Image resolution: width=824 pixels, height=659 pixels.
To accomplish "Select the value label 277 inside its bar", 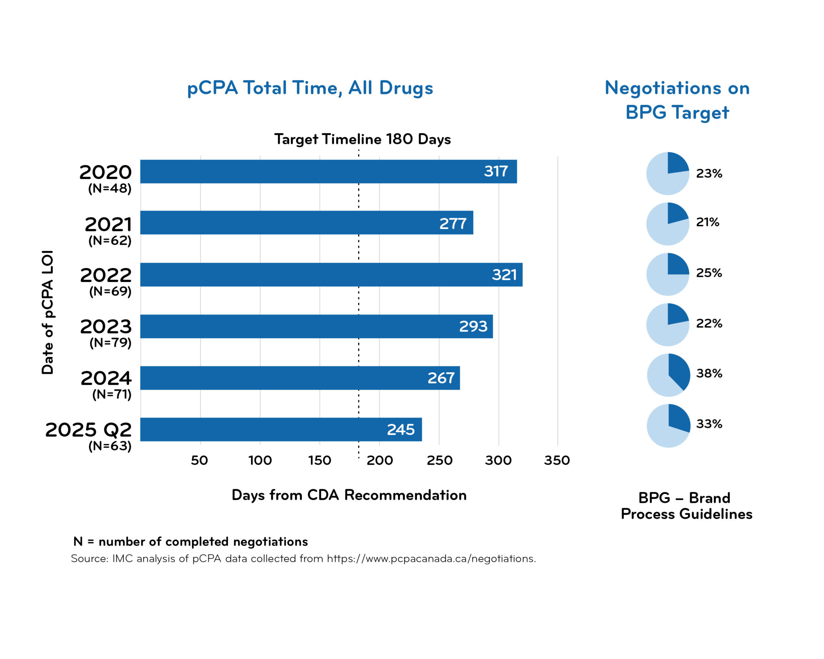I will pos(453,223).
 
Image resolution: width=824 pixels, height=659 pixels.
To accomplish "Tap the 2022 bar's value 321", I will pos(504,275).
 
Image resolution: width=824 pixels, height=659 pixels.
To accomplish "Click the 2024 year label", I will pos(106,378).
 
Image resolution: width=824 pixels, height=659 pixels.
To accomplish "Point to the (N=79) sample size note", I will pos(110,343).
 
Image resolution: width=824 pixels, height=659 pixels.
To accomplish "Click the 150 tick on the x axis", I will pos(319,460).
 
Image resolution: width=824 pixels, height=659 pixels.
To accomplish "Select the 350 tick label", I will pos(557,460).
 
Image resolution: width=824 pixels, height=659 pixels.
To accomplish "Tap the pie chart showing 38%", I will pos(668,375).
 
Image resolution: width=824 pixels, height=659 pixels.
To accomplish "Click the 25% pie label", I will pos(709,273).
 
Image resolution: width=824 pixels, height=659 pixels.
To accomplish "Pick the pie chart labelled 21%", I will pos(667,224).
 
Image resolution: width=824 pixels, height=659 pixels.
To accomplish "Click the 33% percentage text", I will pos(709,424).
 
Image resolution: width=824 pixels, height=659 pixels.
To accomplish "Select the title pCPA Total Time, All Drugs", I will pos(310,88).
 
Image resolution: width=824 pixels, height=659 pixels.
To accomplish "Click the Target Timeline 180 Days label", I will pos(362,139).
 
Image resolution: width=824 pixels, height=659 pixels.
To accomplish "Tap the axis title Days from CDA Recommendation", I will pos(349,495).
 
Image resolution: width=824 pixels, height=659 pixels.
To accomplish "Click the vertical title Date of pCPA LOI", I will pos(47,312).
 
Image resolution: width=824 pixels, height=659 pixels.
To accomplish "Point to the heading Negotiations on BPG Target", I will pos(677,100).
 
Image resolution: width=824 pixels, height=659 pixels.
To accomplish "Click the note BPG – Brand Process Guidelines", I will pos(686,506).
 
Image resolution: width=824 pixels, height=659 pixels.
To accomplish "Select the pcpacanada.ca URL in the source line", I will pos(431,559).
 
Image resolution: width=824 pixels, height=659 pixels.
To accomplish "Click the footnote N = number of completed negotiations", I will pos(190,542).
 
